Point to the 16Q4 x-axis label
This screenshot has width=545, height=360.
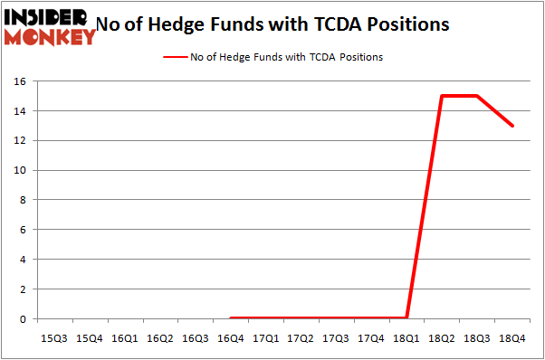pyautogui.click(x=230, y=338)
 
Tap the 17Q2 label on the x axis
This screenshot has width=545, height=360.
pyautogui.click(x=301, y=338)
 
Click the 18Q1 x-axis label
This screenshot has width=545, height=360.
pyautogui.click(x=406, y=338)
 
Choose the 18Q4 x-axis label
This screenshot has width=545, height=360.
pyautogui.click(x=512, y=338)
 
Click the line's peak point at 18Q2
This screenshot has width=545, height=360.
pyautogui.click(x=442, y=96)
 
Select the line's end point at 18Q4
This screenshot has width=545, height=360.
pyautogui.click(x=512, y=126)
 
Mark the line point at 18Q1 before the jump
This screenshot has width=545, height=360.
pyautogui.click(x=406, y=317)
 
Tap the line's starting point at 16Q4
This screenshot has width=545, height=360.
pyautogui.click(x=230, y=317)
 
